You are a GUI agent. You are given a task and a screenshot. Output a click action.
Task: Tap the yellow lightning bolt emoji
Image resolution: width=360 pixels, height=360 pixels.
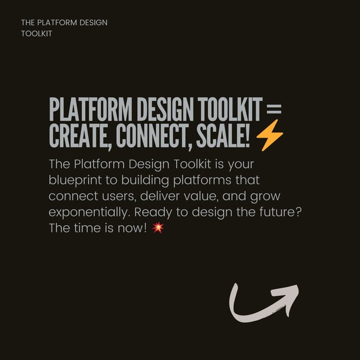pos(270,136)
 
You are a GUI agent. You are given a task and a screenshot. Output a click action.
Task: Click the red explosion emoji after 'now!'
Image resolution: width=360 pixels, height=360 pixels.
pos(158,228)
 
